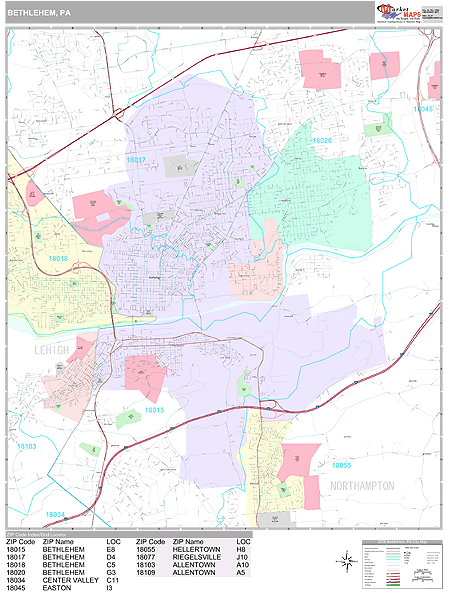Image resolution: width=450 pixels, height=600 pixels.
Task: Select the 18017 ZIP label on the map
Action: (136, 160)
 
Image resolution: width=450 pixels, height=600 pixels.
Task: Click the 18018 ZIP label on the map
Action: (57, 258)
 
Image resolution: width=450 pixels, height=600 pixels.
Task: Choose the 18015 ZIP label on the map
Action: (154, 410)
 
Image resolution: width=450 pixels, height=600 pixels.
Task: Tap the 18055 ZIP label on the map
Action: (342, 466)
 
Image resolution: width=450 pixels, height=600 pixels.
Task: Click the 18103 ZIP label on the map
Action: (54, 446)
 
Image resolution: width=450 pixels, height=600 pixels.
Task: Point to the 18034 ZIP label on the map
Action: (56, 515)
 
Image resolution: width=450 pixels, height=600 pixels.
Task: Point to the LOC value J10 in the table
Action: (243, 557)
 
